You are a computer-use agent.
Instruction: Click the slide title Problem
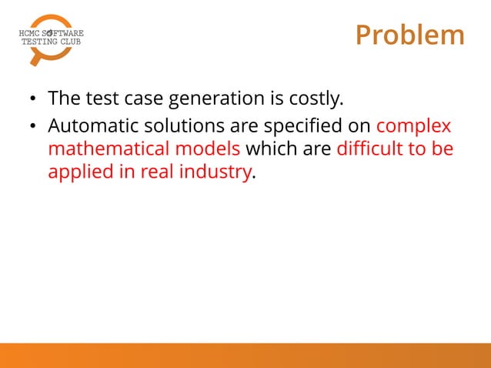[x=410, y=35]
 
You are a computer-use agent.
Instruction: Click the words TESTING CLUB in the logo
[x=49, y=42]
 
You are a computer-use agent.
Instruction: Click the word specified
[x=298, y=125]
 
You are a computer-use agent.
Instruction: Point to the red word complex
[x=413, y=125]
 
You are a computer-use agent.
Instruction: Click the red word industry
[x=218, y=172]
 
